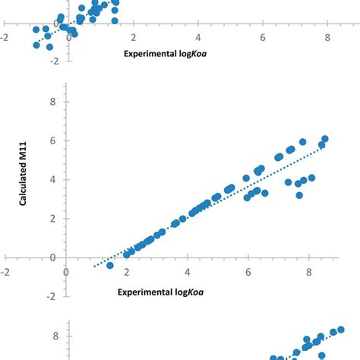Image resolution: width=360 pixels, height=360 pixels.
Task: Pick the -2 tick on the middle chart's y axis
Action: point(50,297)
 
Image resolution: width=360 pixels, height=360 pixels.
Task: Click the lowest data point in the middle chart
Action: point(110,265)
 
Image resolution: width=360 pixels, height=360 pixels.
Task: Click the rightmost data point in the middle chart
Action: point(325,139)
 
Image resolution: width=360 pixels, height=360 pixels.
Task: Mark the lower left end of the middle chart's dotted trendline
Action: point(93,267)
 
